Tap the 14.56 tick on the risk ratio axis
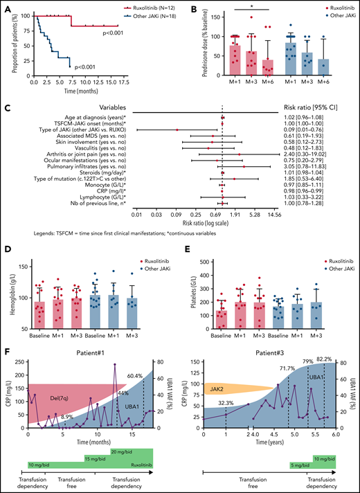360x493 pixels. coord(271,215)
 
